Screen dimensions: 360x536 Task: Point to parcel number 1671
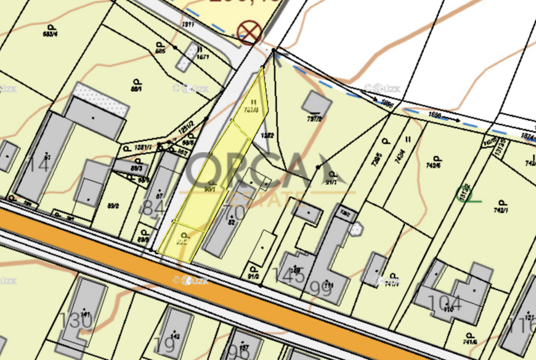(x=203, y=57)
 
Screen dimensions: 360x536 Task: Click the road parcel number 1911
(x=189, y=24)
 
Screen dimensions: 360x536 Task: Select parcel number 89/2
(x=113, y=205)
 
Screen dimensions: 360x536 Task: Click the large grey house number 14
(x=39, y=165)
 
